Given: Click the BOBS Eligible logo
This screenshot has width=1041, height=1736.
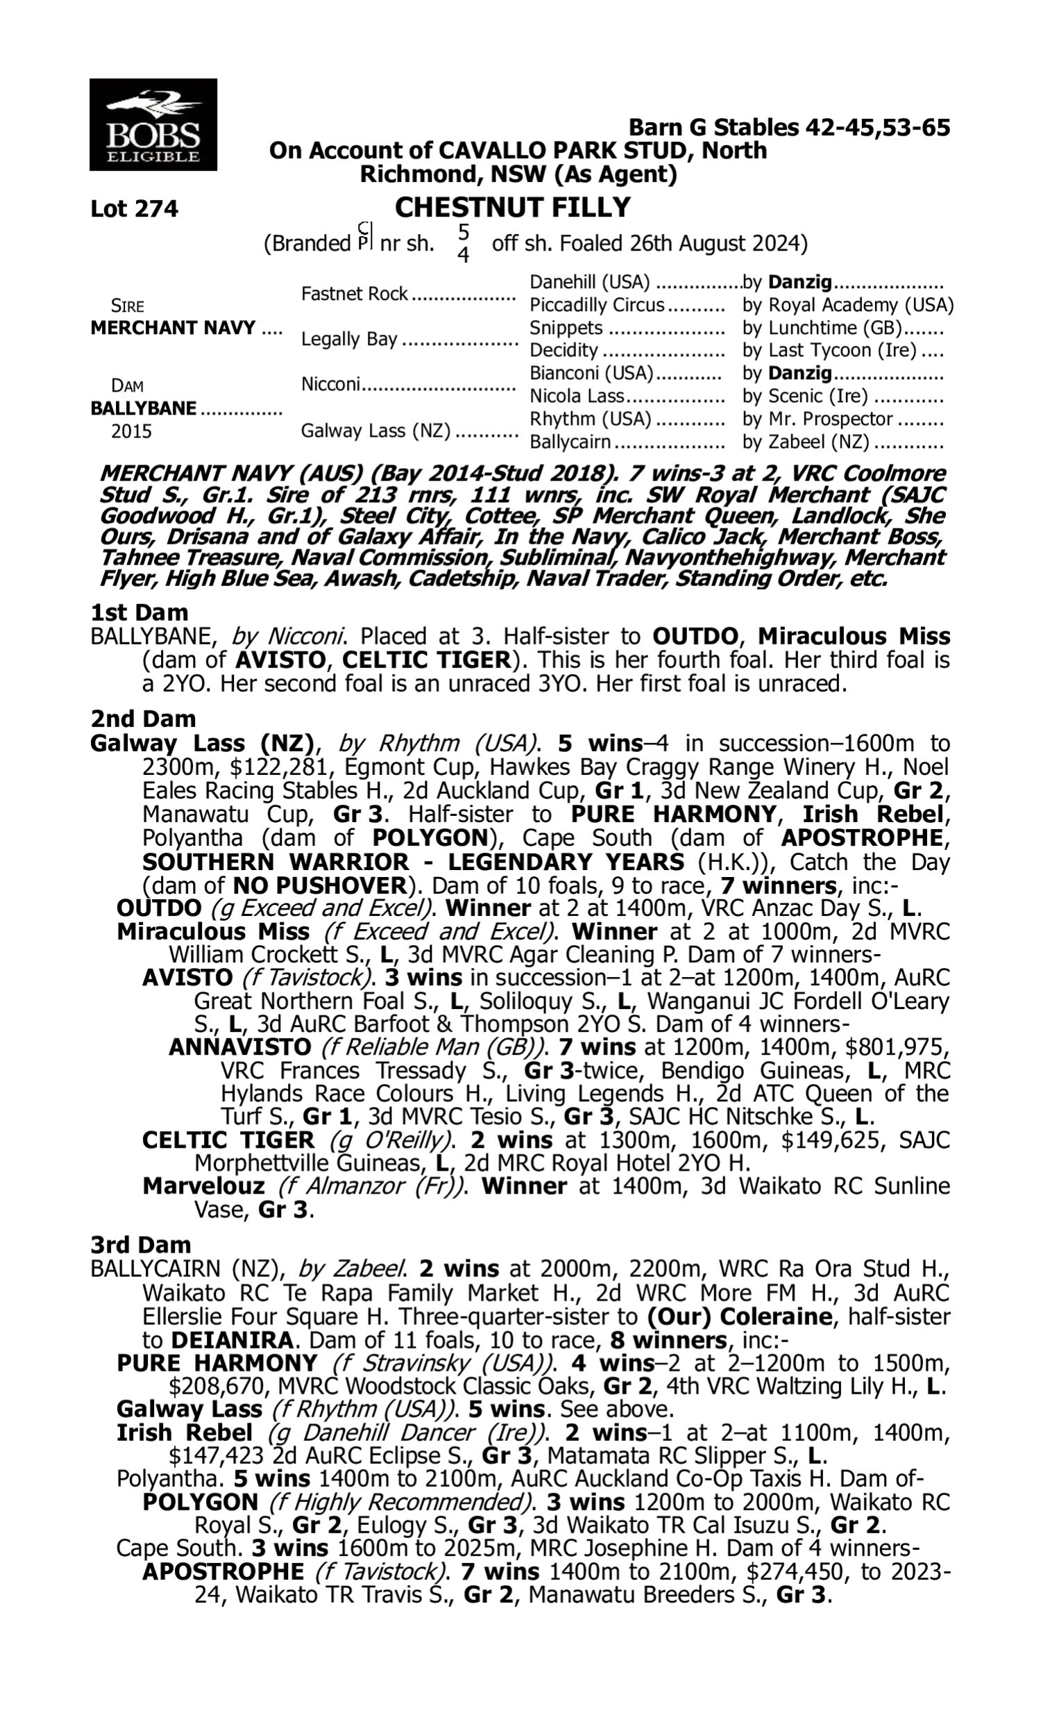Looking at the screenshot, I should coord(153,124).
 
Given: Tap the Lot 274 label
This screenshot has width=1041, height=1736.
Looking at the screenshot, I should coord(134,209).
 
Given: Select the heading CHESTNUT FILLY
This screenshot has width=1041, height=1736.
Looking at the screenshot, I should coord(512,208).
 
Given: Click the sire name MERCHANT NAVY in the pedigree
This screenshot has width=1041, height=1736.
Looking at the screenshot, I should coord(173,328).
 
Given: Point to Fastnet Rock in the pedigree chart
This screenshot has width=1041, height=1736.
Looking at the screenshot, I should coord(354,294).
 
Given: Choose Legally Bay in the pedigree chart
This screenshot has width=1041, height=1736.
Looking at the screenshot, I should coord(348,340).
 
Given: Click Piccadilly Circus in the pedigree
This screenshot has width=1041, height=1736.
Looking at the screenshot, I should coord(596,306).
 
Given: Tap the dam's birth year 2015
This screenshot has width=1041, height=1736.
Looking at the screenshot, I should coord(131,431).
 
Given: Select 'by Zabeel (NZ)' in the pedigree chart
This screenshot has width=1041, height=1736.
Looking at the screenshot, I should coord(805,443).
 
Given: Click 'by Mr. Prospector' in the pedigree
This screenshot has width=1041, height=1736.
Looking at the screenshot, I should coord(818,419).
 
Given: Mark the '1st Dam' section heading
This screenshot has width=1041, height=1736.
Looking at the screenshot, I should coord(139,612).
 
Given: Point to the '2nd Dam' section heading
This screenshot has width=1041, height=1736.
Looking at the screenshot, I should coord(142,719).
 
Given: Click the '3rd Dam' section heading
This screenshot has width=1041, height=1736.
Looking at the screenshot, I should coord(140,1245).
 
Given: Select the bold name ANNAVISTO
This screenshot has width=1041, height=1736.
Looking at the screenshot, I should coord(240,1048).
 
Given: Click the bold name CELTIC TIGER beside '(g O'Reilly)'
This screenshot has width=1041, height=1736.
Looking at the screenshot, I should coord(228,1140).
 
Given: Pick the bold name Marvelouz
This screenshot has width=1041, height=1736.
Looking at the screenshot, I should coord(204,1187).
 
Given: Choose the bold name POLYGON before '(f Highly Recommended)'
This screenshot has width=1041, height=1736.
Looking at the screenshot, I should coord(200,1503).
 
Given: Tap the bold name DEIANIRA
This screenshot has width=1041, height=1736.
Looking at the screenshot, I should coord(232,1339).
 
